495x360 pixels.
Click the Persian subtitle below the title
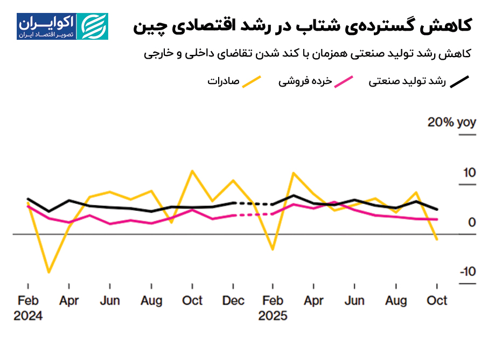[x=308, y=53]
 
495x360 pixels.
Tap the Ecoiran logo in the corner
[x=62, y=26]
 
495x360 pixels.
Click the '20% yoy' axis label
[x=451, y=123]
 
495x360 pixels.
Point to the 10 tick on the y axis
[x=468, y=173]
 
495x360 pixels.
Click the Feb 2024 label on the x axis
[x=28, y=308]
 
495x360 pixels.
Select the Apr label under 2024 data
[x=69, y=301]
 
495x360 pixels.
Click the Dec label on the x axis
[x=233, y=301]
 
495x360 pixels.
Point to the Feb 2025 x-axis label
[x=273, y=308]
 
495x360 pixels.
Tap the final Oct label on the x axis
[x=437, y=301]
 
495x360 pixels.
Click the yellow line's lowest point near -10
[x=49, y=272]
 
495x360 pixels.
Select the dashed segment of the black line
[x=253, y=204]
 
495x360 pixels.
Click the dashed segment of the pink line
[x=253, y=215]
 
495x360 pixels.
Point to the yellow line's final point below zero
[x=437, y=239]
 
